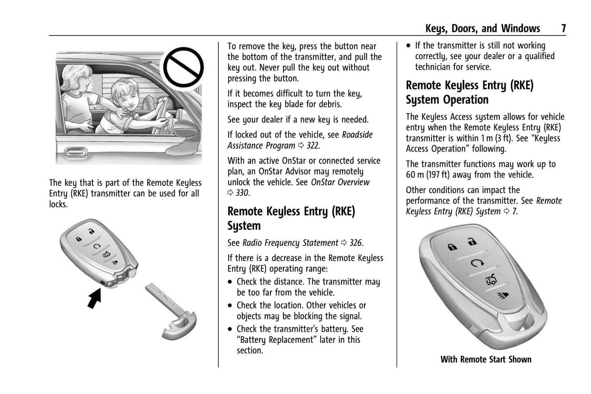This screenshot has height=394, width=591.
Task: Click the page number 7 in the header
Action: [563, 28]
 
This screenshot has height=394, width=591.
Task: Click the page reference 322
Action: [313, 146]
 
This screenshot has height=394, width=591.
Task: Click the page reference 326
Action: [355, 243]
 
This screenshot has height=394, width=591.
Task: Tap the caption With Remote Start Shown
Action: [486, 360]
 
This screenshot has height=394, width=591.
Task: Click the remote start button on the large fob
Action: [474, 263]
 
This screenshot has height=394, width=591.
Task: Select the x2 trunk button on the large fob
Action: [490, 279]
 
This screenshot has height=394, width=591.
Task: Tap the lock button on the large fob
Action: [452, 247]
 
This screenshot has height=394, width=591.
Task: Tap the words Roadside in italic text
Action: [357, 135]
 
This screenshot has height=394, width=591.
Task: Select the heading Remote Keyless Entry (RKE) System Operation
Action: [470, 92]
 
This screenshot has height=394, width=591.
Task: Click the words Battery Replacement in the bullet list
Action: [275, 340]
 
